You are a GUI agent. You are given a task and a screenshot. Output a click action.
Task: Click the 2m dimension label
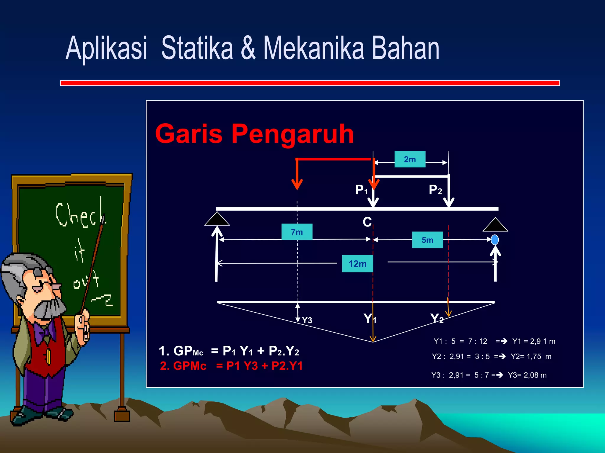tap(410, 159)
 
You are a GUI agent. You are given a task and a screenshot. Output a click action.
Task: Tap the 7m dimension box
tap(297, 232)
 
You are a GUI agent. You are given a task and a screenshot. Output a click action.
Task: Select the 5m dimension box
tap(427, 240)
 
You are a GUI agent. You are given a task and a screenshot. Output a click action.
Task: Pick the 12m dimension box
tap(357, 263)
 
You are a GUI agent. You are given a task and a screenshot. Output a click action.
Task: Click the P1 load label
tap(361, 190)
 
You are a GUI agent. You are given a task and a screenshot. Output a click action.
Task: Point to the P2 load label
tap(435, 190)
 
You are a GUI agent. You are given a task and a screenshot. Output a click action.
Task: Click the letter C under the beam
tap(367, 222)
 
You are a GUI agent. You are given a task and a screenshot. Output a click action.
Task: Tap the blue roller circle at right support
tap(495, 239)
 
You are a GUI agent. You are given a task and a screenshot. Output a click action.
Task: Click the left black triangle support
tap(217, 219)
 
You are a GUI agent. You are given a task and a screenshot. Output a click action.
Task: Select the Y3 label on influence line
tap(307, 320)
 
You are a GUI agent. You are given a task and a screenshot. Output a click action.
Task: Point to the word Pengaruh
tap(292, 134)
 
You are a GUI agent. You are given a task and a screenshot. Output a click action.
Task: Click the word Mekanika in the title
tap(313, 48)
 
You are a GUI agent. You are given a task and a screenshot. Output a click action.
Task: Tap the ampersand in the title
tap(248, 48)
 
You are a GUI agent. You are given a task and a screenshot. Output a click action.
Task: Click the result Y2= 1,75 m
tap(531, 356)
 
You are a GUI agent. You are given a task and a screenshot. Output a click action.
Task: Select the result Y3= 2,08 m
tap(527, 375)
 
